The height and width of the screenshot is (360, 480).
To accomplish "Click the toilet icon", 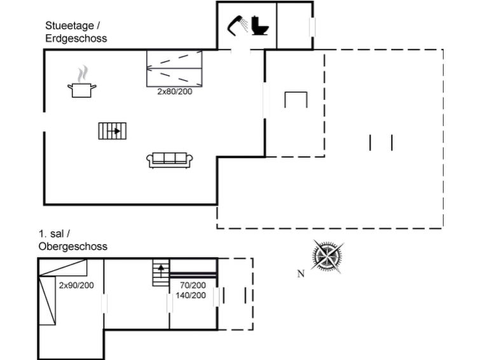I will tap(260, 26).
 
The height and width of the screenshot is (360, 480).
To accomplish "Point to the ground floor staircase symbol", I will tap(113, 131).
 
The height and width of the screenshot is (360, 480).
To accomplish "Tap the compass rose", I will tap(328, 256).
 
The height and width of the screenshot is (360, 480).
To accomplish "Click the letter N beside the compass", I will tap(301, 274).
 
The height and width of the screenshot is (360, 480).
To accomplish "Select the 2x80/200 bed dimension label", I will tap(175, 92).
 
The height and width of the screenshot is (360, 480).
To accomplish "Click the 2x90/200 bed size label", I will tap(76, 285).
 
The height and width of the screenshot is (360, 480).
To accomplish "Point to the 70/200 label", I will tap(193, 285).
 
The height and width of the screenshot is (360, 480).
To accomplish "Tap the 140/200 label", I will tap(190, 295).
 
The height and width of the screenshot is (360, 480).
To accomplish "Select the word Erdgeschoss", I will tap(76, 38).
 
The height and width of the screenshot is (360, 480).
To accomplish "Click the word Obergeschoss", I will tap(72, 246).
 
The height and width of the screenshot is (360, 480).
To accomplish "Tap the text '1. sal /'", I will tap(54, 234).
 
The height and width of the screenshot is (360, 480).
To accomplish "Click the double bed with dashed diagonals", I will tap(174, 68).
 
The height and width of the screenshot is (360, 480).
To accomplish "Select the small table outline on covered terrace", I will tap(296, 100).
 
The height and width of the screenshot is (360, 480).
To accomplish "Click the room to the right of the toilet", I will tap(294, 25).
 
